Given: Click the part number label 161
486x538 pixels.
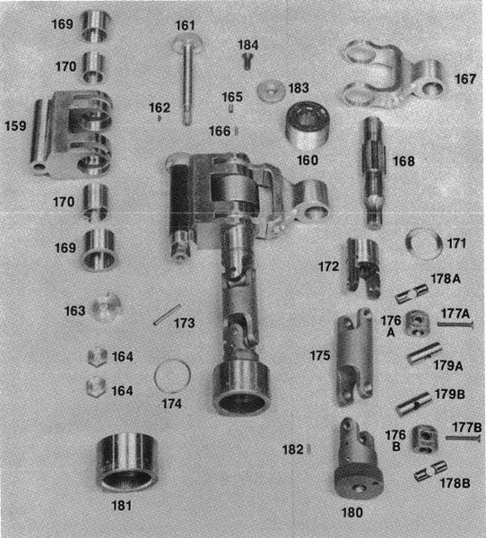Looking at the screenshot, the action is coord(185,25).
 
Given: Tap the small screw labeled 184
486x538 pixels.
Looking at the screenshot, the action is coord(247,60).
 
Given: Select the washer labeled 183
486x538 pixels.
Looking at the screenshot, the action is coord(271,91).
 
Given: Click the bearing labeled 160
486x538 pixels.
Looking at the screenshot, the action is coord(308,125).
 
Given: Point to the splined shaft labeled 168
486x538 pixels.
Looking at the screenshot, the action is coord(373,172).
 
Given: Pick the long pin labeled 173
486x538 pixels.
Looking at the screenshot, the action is coord(167,315).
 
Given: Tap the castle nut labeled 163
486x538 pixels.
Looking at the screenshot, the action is coord(107,307).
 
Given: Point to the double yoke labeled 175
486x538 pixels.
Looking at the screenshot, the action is coord(354,357).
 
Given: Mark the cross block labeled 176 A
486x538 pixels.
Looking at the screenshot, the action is coord(417,323).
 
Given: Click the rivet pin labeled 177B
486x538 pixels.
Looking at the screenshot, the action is coord(463,438).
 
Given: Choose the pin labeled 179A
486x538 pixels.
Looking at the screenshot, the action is coord(424,352).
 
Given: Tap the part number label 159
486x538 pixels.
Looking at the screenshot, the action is coord(15,126).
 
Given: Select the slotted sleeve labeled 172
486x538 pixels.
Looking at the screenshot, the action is coord(363,267).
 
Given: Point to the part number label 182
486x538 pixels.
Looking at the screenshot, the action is coord(292,449).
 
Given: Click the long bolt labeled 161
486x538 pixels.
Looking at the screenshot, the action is coord(187,79).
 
